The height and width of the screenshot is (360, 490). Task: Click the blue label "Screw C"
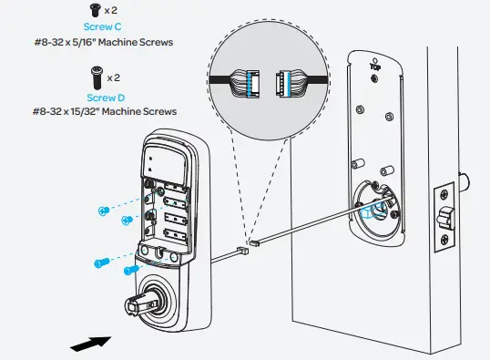coord(103,27)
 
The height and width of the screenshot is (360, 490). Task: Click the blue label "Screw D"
coord(103,98)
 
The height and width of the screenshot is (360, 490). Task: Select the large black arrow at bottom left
coord(91,342)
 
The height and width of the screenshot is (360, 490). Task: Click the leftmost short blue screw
coord(102,211)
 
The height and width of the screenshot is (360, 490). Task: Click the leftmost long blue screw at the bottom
coord(101,262)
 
